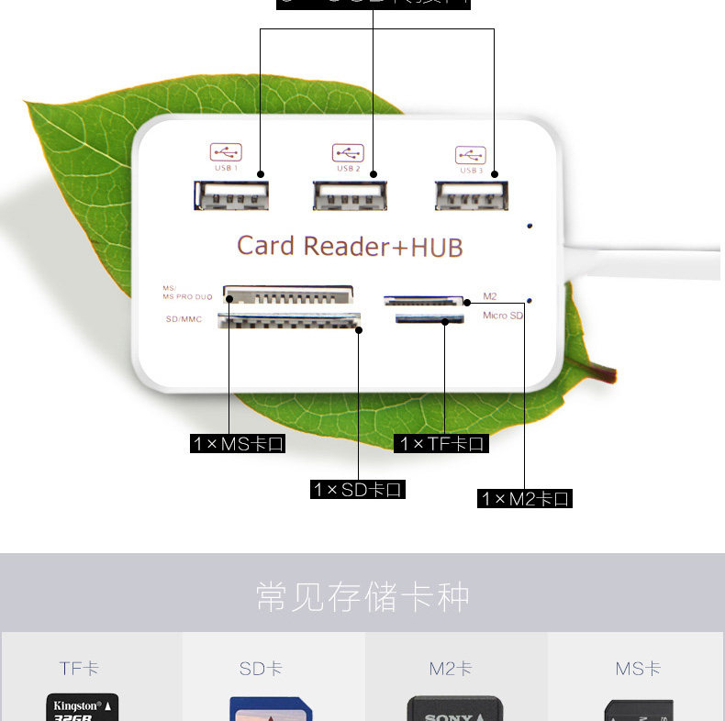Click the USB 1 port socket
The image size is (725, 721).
click(x=231, y=195)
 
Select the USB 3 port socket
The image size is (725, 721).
click(x=472, y=195)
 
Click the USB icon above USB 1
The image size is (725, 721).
click(x=226, y=151)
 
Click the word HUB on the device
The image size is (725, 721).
click(x=436, y=247)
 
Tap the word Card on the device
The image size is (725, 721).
click(x=266, y=246)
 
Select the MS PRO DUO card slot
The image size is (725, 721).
click(x=288, y=295)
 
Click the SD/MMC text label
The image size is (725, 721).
click(x=184, y=319)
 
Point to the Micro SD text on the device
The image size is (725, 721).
click(x=502, y=316)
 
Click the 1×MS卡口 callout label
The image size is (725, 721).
click(x=238, y=444)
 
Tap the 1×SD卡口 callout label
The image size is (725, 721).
click(x=357, y=490)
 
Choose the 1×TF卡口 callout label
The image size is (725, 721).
click(x=441, y=444)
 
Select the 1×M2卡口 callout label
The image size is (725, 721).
click(x=525, y=499)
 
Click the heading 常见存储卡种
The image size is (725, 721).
click(x=362, y=597)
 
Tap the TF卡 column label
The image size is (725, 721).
click(x=80, y=669)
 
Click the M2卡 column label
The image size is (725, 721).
click(x=451, y=669)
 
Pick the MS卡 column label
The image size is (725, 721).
click(x=638, y=669)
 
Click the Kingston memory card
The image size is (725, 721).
click(x=83, y=708)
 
